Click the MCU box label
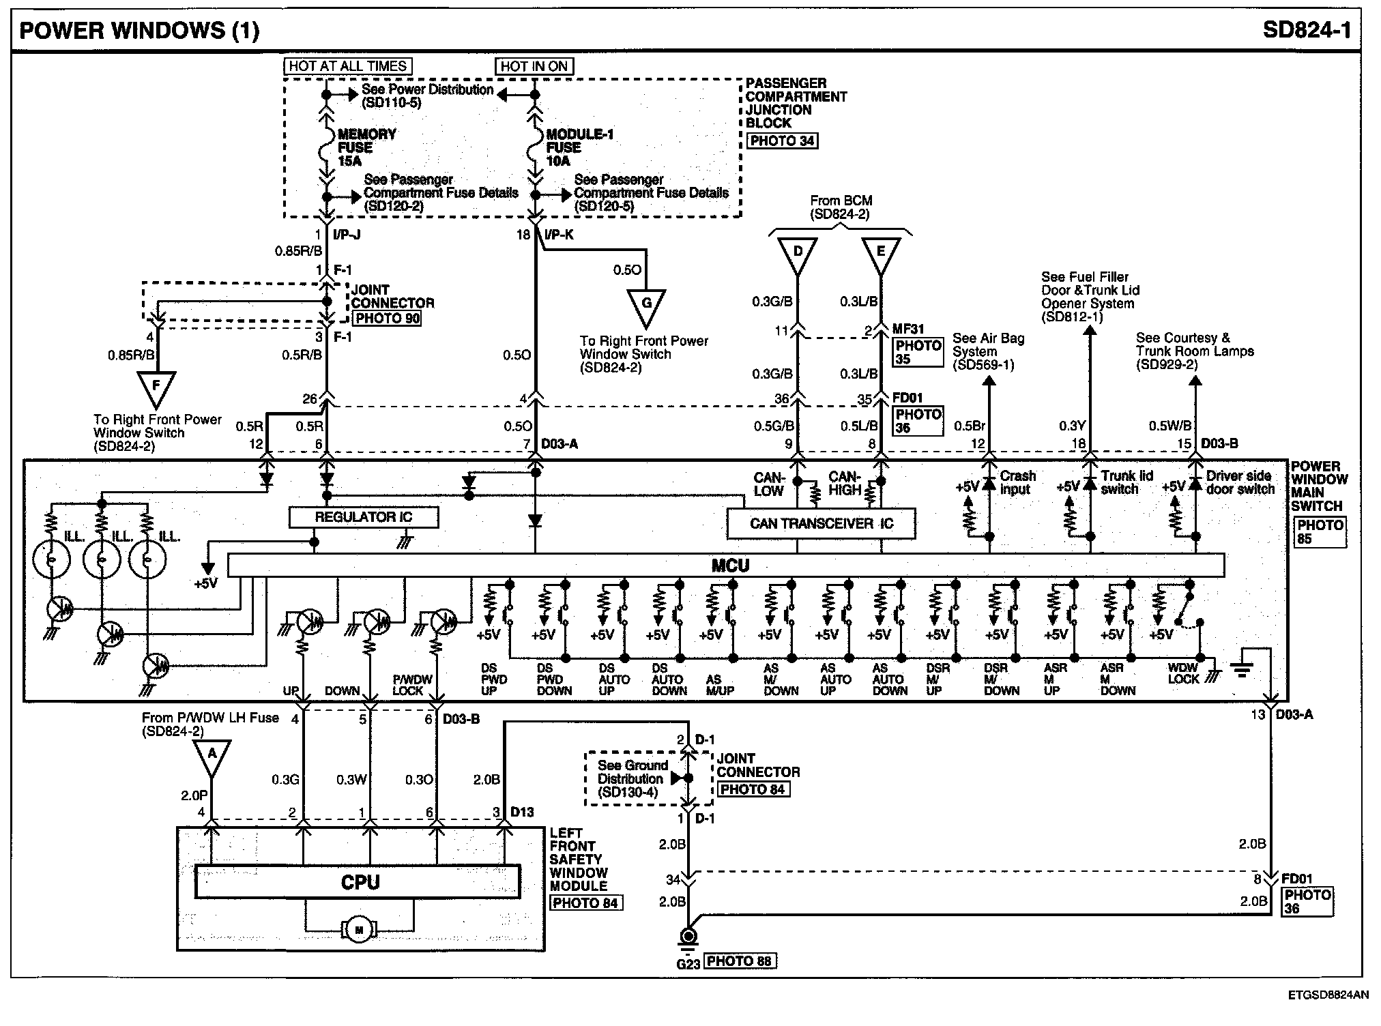(x=730, y=566)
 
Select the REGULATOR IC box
(x=364, y=517)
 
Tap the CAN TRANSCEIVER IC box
(x=821, y=524)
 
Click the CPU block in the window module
(x=359, y=882)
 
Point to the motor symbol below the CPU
(x=358, y=929)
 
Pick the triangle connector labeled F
(x=156, y=386)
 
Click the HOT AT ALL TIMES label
(x=348, y=66)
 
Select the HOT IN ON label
(x=534, y=66)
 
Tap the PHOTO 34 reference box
(x=782, y=141)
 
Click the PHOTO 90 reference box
(x=386, y=318)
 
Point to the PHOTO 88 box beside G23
(x=740, y=961)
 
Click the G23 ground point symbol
(x=689, y=937)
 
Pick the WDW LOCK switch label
(x=1183, y=673)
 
